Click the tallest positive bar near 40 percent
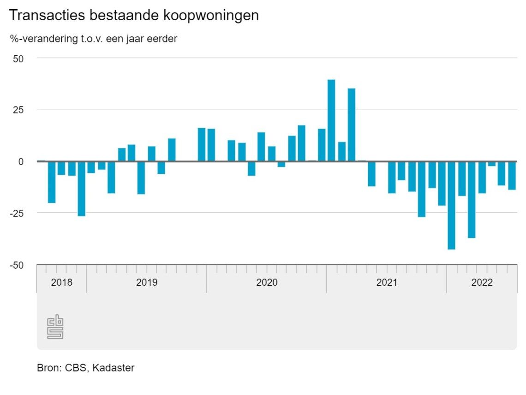tap(331, 120)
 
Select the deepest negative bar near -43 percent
tap(451, 205)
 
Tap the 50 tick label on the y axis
tap(19, 59)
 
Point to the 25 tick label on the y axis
tap(19, 110)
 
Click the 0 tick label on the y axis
tap(21, 162)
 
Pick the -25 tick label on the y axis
tap(17, 213)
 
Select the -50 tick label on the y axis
tap(17, 265)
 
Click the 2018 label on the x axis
tap(61, 283)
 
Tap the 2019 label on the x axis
tap(147, 283)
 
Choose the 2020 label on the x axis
tap(267, 283)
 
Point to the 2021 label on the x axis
tap(387, 283)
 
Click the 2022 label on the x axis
tap(482, 283)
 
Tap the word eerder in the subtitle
tap(162, 39)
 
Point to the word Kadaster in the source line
tap(114, 368)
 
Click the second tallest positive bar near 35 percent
tap(352, 124)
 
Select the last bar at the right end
tap(512, 176)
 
